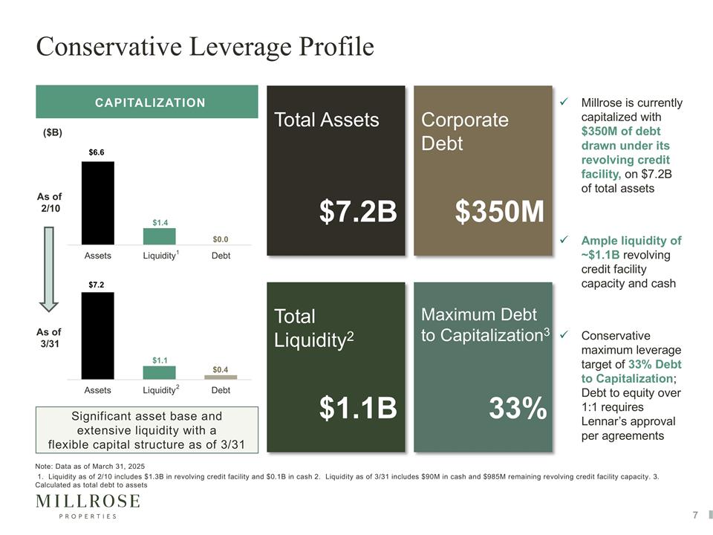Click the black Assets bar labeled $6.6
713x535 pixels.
pyautogui.click(x=98, y=203)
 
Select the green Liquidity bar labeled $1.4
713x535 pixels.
pyautogui.click(x=160, y=236)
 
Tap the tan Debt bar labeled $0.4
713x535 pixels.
pyautogui.click(x=221, y=377)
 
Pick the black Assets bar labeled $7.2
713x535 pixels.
pyautogui.click(x=98, y=336)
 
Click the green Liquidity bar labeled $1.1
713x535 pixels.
pyautogui.click(x=159, y=372)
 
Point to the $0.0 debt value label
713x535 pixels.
pyautogui.click(x=221, y=239)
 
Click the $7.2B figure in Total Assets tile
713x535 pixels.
pyautogui.click(x=358, y=212)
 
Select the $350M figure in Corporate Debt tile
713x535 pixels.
pyautogui.click(x=499, y=212)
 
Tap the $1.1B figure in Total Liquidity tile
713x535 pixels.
pyautogui.click(x=358, y=408)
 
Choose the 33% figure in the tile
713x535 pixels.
pyautogui.click(x=518, y=408)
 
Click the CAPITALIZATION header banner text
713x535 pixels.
pyautogui.click(x=150, y=103)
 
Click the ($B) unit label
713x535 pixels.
pyautogui.click(x=53, y=133)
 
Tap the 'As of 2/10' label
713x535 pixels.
pyautogui.click(x=50, y=202)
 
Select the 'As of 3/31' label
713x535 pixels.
pyautogui.click(x=49, y=337)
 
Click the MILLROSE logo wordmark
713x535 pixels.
pyautogui.click(x=88, y=502)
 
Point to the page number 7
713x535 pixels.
pyautogui.click(x=695, y=515)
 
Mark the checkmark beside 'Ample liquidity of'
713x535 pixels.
pyautogui.click(x=564, y=239)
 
